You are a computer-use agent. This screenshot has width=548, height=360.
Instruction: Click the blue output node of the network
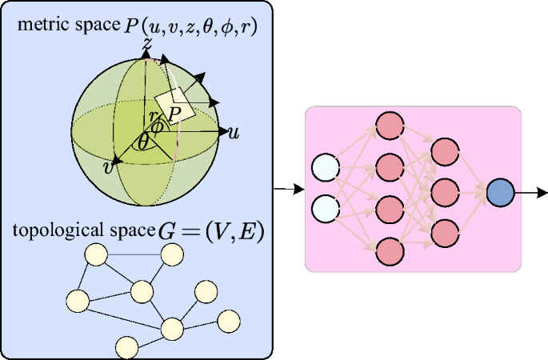point(500,193)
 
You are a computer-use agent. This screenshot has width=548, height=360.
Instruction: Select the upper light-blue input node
point(326,170)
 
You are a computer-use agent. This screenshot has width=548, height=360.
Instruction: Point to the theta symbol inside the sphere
point(142,142)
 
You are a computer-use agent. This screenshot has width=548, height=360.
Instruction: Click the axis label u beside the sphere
point(234,132)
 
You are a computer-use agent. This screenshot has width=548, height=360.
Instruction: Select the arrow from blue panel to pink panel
point(289,190)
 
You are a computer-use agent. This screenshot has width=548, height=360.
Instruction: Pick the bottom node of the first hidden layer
point(388,249)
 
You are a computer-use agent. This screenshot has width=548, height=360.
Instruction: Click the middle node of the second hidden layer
point(444,192)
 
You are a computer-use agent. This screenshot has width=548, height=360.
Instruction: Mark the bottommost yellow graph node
point(126,346)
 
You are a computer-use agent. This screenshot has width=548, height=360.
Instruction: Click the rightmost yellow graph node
point(230,320)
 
